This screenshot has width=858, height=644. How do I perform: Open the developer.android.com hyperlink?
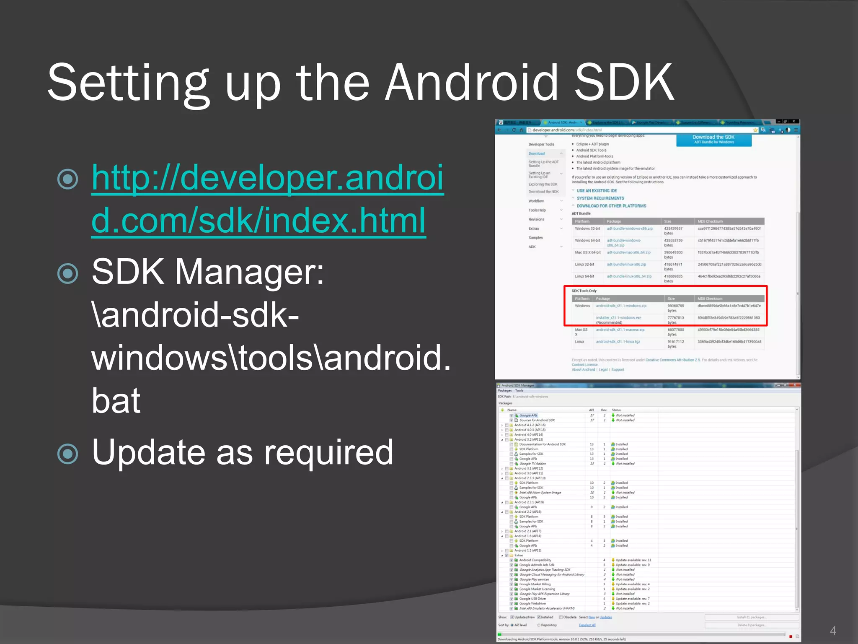pyautogui.click(x=267, y=199)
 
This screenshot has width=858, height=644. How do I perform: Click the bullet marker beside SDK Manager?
pyautogui.click(x=67, y=273)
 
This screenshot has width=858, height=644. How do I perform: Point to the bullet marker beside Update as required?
pyautogui.click(x=67, y=454)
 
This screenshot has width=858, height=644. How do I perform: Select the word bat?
pyautogui.click(x=116, y=401)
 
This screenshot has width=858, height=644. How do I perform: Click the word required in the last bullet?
pyautogui.click(x=328, y=452)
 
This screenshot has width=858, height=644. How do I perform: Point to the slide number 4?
pyautogui.click(x=833, y=631)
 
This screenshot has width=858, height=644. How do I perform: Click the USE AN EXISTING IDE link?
pyautogui.click(x=597, y=191)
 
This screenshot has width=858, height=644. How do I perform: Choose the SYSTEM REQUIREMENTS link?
pyautogui.click(x=600, y=198)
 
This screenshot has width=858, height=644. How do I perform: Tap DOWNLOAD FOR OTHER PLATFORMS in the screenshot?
pyautogui.click(x=611, y=206)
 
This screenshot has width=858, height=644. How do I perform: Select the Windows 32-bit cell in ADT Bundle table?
pyautogui.click(x=587, y=229)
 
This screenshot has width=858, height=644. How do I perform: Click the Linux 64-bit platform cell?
pyautogui.click(x=584, y=277)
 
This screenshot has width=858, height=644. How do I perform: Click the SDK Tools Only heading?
pyautogui.click(x=584, y=291)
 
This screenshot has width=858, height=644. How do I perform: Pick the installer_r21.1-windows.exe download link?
pyautogui.click(x=618, y=318)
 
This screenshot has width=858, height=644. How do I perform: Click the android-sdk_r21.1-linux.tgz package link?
pyautogui.click(x=618, y=342)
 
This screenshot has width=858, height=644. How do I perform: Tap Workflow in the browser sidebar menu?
pyautogui.click(x=536, y=201)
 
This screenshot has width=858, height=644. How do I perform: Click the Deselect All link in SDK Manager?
pyautogui.click(x=587, y=625)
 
